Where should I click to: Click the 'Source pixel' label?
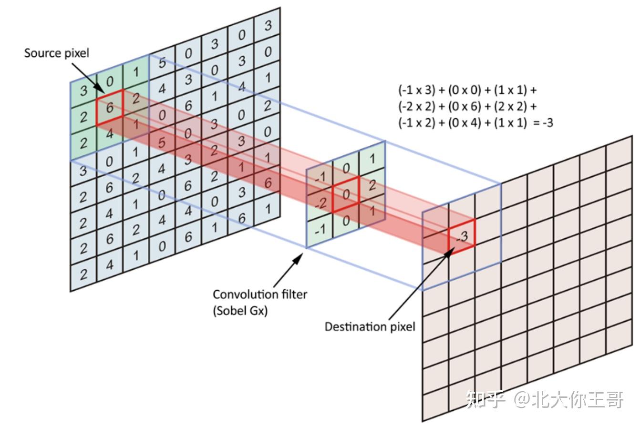[57, 53]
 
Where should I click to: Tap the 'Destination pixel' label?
[370, 326]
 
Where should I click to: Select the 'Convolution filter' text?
[260, 294]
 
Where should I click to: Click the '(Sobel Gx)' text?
[240, 311]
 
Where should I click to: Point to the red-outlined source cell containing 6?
[110, 108]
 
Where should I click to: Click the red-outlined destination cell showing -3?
[462, 236]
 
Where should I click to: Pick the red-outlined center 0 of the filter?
[346, 194]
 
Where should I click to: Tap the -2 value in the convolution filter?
[321, 203]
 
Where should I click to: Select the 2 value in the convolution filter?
[372, 185]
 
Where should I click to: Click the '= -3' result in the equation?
[543, 123]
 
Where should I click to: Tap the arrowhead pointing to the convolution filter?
[298, 258]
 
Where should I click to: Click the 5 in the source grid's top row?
[162, 62]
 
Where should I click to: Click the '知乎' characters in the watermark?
[485, 399]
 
